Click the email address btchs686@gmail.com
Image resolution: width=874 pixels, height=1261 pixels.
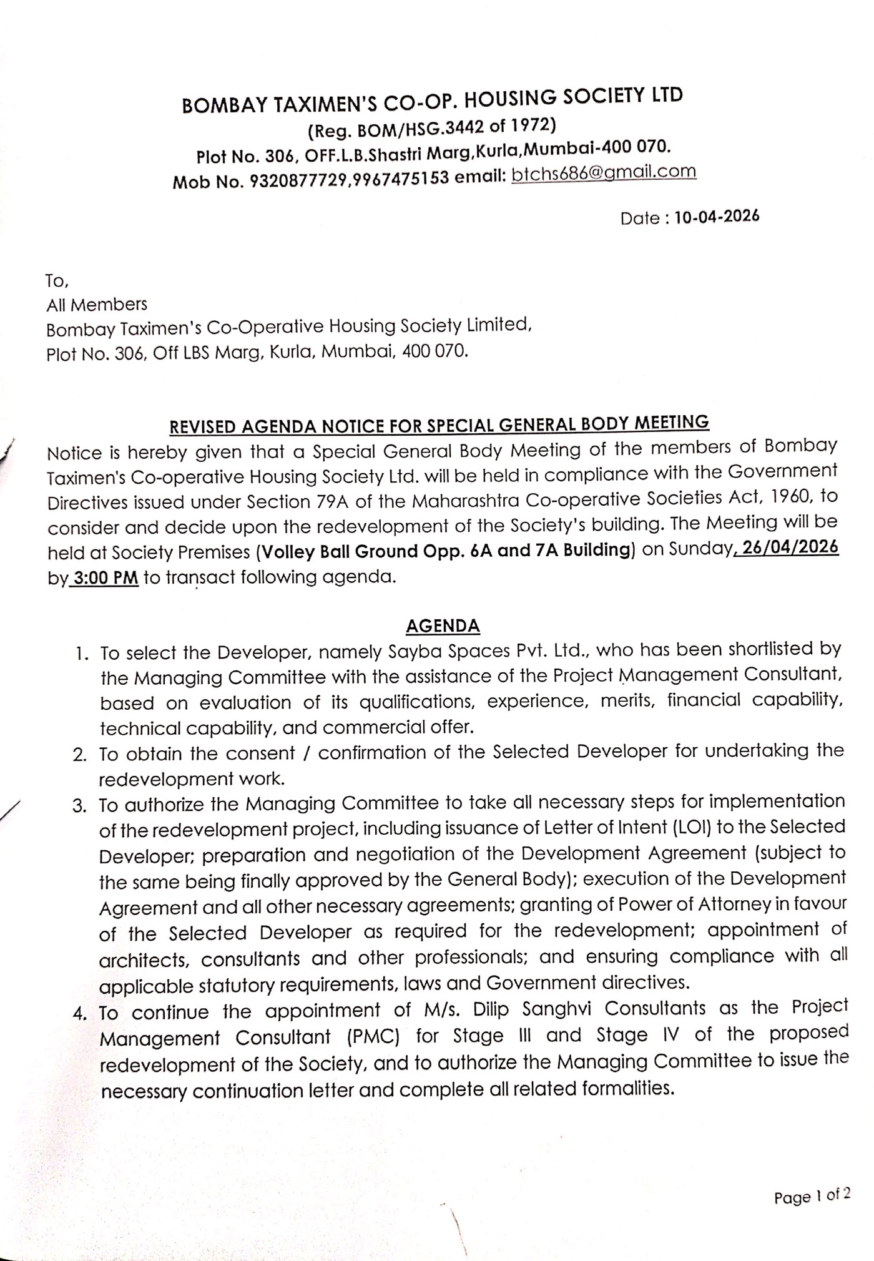[603, 173]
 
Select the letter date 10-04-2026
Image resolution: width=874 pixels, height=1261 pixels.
[717, 217]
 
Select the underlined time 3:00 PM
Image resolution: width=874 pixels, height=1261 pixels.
[105, 578]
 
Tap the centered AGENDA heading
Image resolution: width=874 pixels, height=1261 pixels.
[443, 626]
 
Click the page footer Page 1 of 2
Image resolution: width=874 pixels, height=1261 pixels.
[812, 1196]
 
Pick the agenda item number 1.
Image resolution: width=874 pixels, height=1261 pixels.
[79, 655]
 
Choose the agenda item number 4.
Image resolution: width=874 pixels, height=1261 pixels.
[79, 1014]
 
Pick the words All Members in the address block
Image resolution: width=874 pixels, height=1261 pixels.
[97, 305]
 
